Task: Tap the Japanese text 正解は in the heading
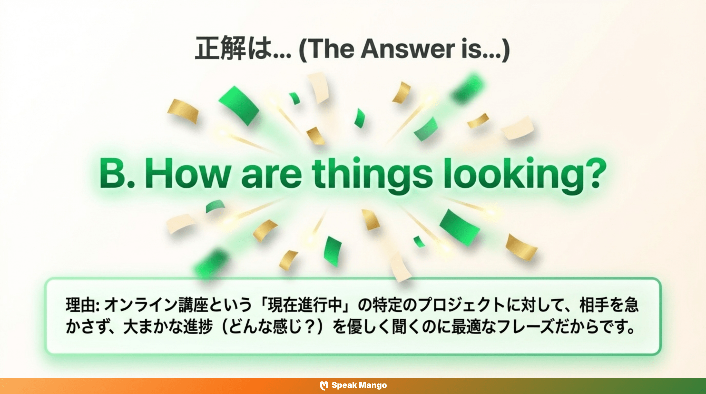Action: pos(233,49)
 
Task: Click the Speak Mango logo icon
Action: pos(324,386)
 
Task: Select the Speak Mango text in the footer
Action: pos(359,385)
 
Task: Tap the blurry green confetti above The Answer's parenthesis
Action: pos(467,88)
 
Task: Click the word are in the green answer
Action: pos(271,175)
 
